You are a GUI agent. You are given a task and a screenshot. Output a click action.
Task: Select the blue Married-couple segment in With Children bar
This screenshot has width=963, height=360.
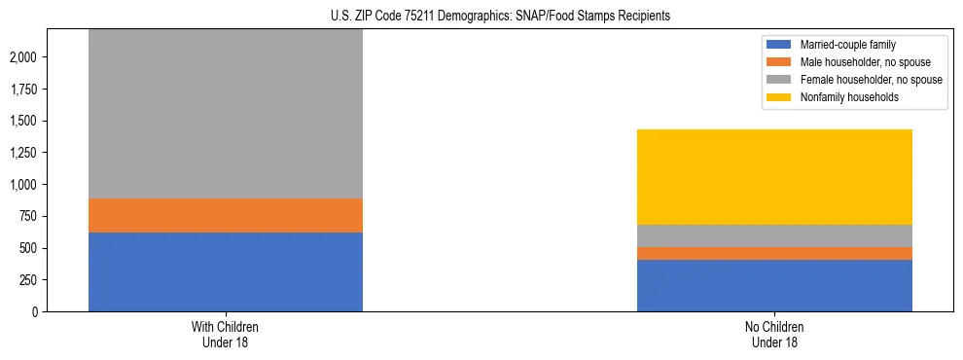[225, 271]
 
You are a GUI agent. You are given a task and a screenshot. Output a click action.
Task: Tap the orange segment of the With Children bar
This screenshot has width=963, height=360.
[225, 215]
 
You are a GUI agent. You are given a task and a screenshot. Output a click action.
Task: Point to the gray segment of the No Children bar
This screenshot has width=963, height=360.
[774, 235]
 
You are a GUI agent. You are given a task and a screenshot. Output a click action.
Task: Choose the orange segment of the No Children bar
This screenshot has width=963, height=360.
[774, 253]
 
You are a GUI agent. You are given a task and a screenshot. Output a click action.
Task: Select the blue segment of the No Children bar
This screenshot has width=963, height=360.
[774, 285]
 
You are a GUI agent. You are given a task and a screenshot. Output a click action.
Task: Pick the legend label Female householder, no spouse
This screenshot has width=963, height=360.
[871, 80]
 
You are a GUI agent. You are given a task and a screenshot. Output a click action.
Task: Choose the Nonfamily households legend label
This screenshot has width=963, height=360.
[848, 97]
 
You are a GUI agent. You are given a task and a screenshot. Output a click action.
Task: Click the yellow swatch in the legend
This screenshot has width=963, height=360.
[779, 97]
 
